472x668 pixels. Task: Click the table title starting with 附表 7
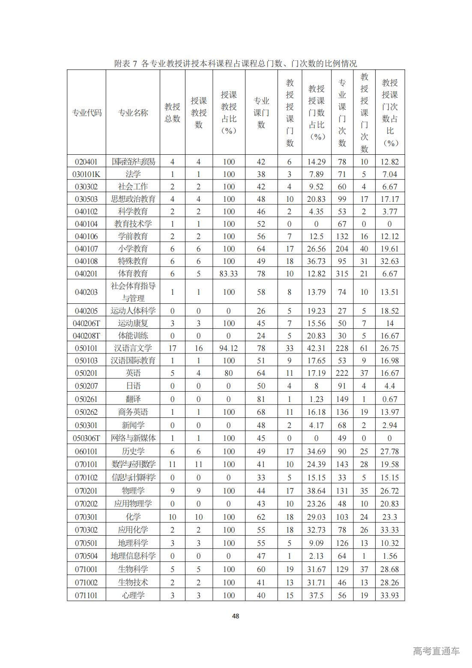click(x=236, y=63)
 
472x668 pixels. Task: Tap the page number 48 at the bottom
click(x=236, y=616)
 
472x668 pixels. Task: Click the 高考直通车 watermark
click(x=436, y=651)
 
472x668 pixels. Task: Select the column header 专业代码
click(x=87, y=113)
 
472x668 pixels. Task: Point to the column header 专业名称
click(x=133, y=113)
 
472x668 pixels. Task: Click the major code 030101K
click(x=87, y=174)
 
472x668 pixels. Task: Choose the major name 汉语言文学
click(x=133, y=348)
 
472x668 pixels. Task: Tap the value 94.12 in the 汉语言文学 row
click(x=229, y=348)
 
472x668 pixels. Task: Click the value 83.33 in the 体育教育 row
click(x=229, y=273)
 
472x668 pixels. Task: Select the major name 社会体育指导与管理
click(x=133, y=292)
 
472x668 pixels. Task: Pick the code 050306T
click(x=87, y=438)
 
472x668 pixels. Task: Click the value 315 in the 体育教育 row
click(x=342, y=273)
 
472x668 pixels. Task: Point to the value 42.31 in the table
click(x=317, y=348)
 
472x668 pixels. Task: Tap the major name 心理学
click(x=133, y=595)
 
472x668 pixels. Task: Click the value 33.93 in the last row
click(x=390, y=595)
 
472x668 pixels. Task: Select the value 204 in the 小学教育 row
click(x=342, y=249)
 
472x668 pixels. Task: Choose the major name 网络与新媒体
click(x=133, y=438)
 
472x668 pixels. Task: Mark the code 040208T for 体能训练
click(x=87, y=335)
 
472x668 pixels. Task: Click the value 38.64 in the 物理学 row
click(x=317, y=490)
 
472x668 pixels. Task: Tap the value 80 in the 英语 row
click(x=229, y=373)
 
